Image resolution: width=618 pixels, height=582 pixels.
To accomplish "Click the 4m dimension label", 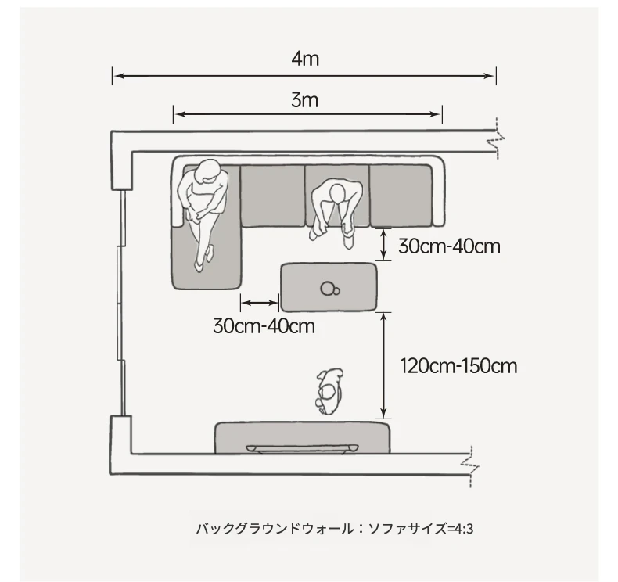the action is pyautogui.click(x=305, y=59).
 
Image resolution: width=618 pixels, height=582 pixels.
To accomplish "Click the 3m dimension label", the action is pyautogui.click(x=304, y=100).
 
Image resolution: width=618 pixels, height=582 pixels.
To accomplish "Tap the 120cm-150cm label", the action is pyautogui.click(x=458, y=366).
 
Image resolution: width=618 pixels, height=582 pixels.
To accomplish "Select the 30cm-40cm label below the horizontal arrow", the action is pyautogui.click(x=264, y=326).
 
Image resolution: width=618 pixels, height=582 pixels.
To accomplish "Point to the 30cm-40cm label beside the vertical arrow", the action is pyautogui.click(x=449, y=246).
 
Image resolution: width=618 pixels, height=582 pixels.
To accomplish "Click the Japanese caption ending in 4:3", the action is pyautogui.click(x=335, y=528).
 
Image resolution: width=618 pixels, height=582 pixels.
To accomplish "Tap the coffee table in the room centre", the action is pyautogui.click(x=329, y=287).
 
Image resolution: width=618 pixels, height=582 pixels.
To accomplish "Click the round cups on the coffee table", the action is pyautogui.click(x=330, y=289).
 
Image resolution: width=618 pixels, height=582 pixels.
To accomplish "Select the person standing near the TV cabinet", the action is pyautogui.click(x=329, y=391).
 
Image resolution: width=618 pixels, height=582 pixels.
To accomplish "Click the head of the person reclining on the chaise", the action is pyautogui.click(x=207, y=171).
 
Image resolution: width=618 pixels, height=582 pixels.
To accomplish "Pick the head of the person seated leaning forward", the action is pyautogui.click(x=337, y=193).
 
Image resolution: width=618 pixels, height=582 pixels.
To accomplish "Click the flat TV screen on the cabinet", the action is pyautogui.click(x=302, y=448).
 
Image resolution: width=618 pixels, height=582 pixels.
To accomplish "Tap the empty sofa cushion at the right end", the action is pyautogui.click(x=401, y=196).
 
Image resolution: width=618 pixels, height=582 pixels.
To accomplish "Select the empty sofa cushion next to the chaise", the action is pyautogui.click(x=272, y=196).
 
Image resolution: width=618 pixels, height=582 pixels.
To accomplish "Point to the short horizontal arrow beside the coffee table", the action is pyautogui.click(x=260, y=303).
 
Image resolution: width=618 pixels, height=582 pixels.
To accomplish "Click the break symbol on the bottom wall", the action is pyautogui.click(x=471, y=466).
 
